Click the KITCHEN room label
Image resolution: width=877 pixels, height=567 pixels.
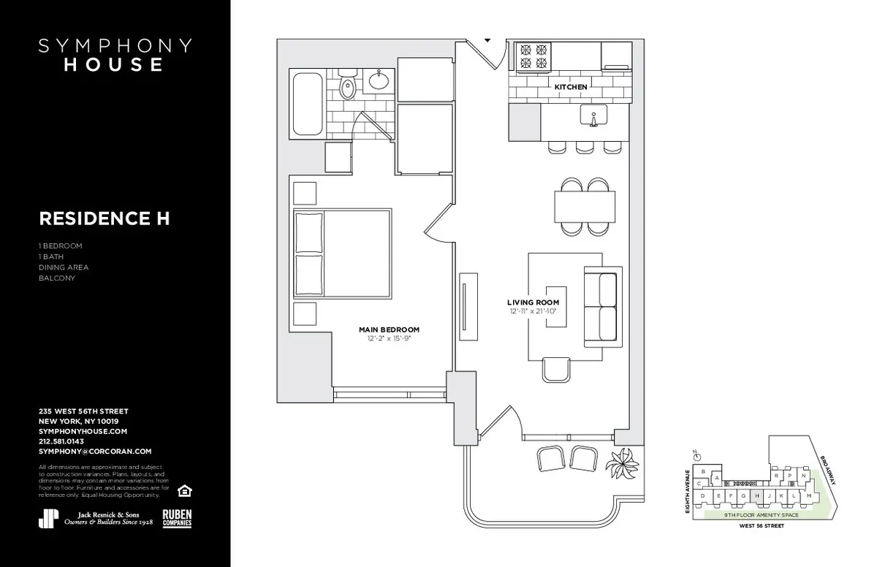(571, 87)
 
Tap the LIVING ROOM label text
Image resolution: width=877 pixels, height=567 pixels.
(534, 302)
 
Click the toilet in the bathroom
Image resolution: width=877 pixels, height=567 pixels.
(347, 87)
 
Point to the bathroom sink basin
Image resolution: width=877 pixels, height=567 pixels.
(379, 80)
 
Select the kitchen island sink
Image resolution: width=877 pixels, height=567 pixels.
(593, 115)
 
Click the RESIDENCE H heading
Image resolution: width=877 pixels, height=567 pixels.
(105, 218)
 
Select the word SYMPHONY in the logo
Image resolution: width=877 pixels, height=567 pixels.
(115, 46)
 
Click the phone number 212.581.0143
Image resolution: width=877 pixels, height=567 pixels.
(61, 441)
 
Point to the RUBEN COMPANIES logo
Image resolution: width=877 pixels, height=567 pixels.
(178, 517)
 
